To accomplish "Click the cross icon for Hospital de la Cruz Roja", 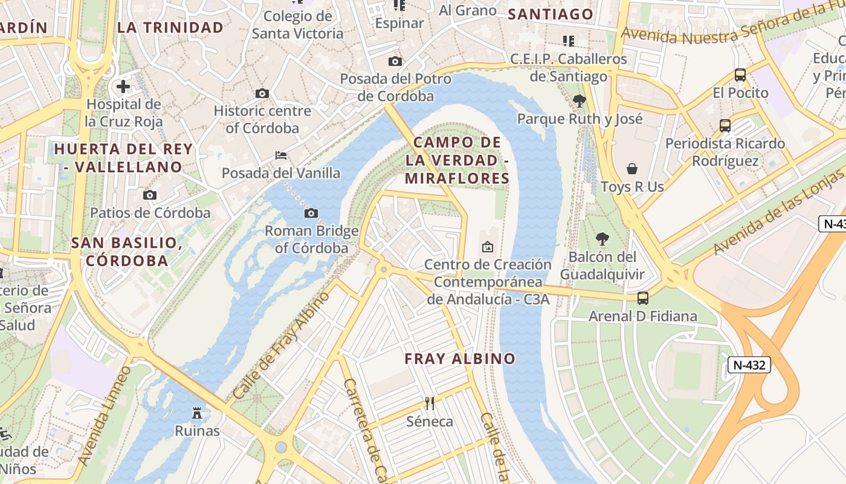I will (x=123, y=87).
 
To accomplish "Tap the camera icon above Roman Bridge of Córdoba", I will (x=311, y=213).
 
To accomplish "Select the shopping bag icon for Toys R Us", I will (x=632, y=168).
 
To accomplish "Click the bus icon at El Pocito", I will (x=740, y=75).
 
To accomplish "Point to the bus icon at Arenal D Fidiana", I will (x=643, y=298).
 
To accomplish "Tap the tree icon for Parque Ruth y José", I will (x=580, y=100).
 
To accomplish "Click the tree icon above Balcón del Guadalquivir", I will (x=602, y=238).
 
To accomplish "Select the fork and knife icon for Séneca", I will (x=430, y=403).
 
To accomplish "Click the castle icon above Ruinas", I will (x=197, y=413).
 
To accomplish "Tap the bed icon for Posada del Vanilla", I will (x=281, y=155).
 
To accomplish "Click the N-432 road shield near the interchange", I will (x=749, y=365).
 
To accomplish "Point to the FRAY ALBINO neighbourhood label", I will (x=460, y=358).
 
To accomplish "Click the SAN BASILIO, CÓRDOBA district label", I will (x=127, y=252).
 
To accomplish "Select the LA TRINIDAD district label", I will (x=170, y=27).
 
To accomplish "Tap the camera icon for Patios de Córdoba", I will (x=150, y=195).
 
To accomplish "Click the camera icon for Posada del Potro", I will (x=395, y=61).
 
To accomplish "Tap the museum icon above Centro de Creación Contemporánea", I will (x=487, y=247).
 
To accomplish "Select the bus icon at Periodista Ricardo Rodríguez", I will (x=725, y=126).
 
